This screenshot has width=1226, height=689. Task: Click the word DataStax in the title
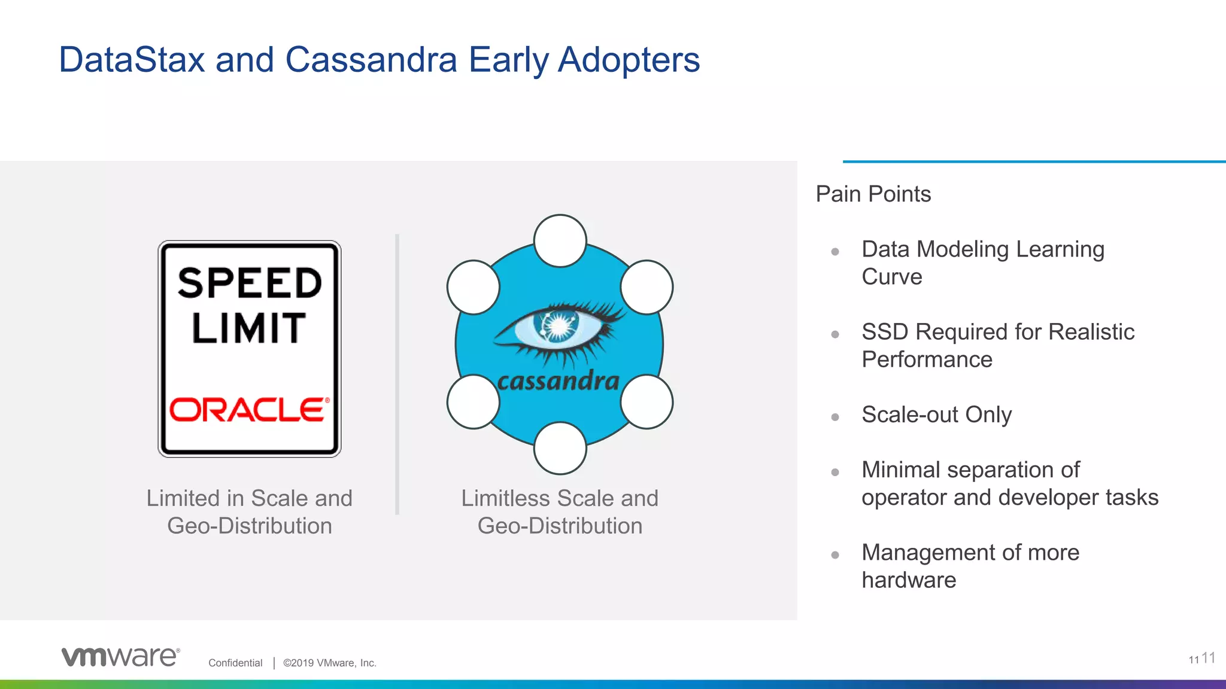pos(132,60)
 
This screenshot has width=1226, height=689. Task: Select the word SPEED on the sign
pos(250,283)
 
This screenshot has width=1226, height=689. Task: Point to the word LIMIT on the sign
pos(249,328)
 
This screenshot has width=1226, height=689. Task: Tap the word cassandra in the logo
pos(558,381)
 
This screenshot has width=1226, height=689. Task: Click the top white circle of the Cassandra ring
pos(560,240)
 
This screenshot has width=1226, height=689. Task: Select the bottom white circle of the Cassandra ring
pos(560,448)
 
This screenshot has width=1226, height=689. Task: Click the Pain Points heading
pos(873,194)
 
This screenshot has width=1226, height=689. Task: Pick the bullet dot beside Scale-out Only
pos(835,417)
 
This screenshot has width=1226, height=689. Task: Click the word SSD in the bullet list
pos(885,332)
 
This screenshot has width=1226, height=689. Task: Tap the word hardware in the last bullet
pos(909,580)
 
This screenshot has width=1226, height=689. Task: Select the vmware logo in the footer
pos(120,656)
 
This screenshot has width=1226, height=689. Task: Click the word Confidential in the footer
pos(235,663)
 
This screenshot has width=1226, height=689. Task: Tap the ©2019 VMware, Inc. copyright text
pos(329,663)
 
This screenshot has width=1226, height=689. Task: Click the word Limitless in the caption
pos(505,498)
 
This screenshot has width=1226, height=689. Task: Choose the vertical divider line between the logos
pos(397,374)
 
